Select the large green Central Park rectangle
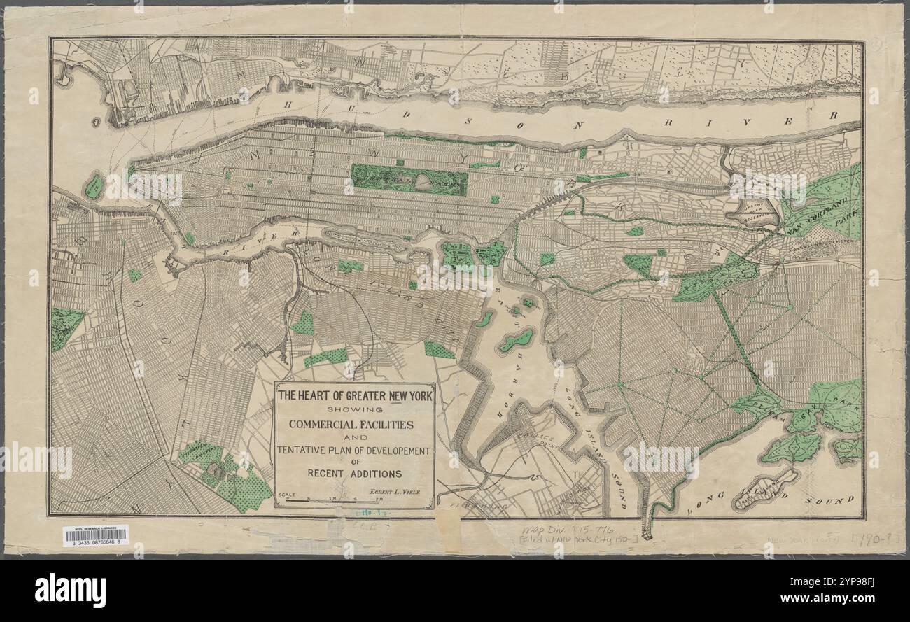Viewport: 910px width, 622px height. (x=409, y=180)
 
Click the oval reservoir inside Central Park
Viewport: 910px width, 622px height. (x=423, y=182)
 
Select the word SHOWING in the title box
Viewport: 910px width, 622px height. (x=354, y=410)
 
